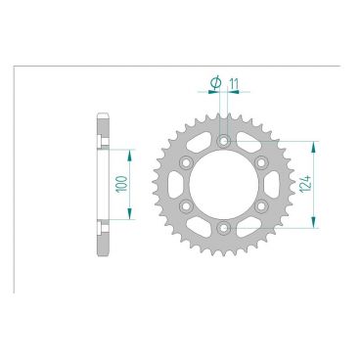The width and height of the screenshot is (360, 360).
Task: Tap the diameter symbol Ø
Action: point(214,85)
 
